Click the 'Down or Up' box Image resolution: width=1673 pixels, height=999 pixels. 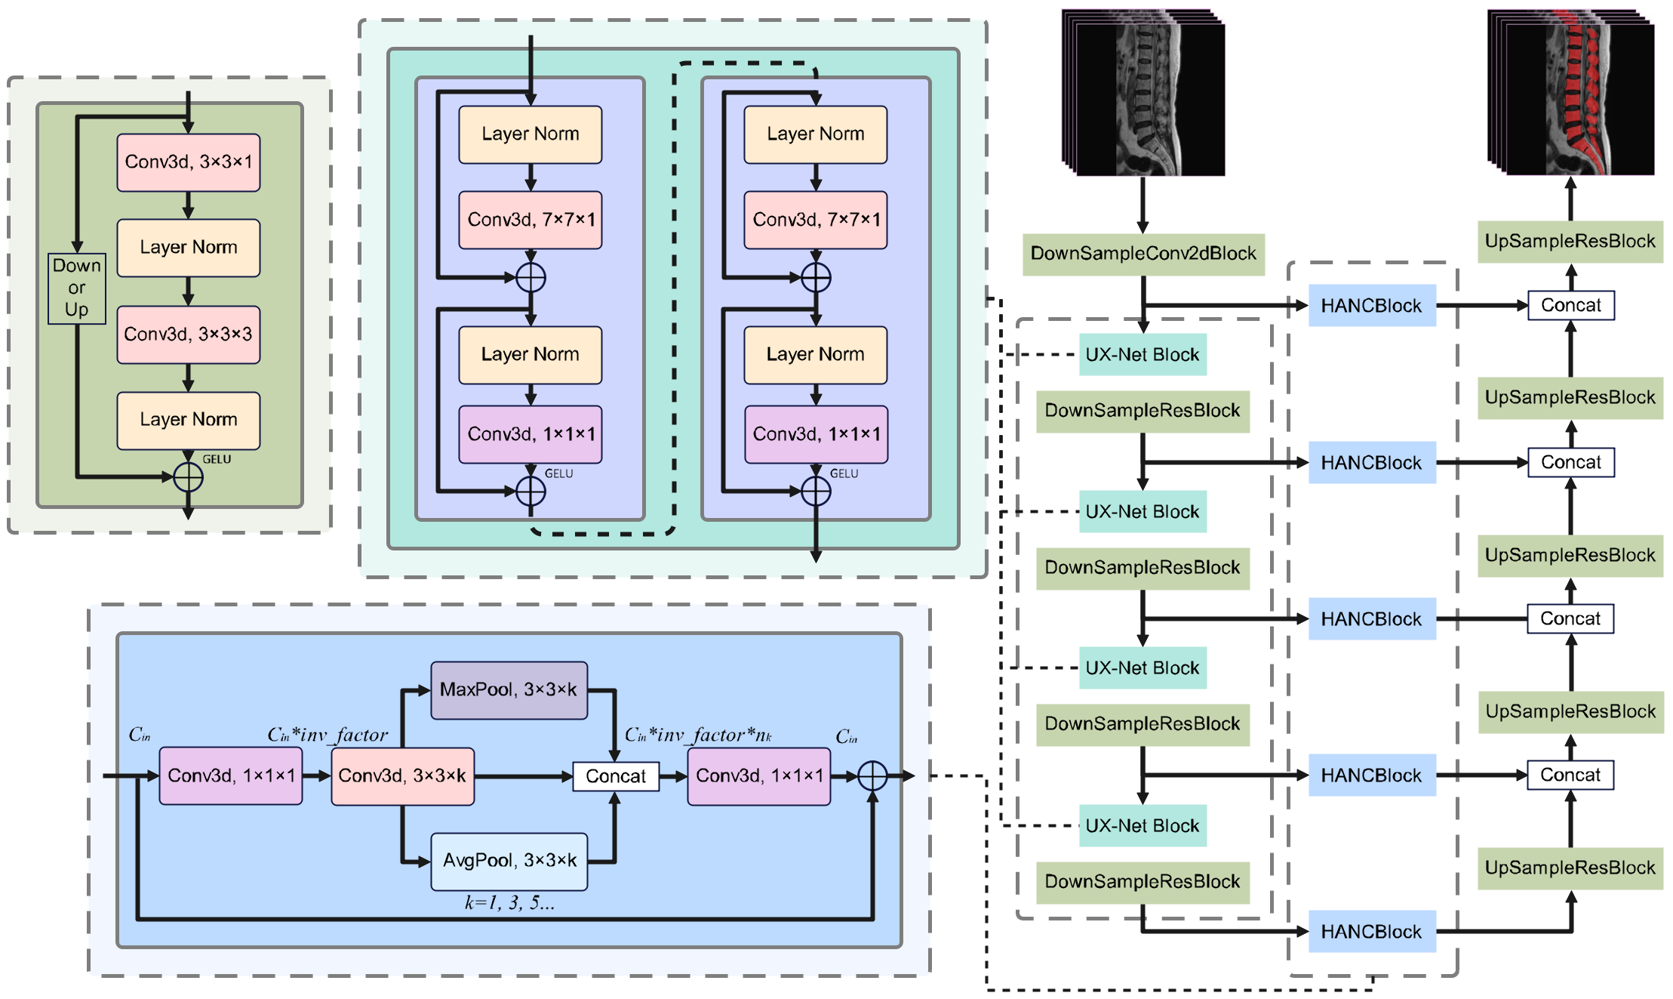click(76, 288)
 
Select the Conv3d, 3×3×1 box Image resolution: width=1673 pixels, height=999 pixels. click(188, 162)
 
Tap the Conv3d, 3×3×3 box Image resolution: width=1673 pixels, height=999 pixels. click(188, 334)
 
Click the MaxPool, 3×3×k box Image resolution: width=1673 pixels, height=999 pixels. click(509, 689)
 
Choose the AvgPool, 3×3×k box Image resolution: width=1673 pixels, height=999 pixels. click(509, 861)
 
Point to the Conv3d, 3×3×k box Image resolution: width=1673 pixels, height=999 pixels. click(402, 775)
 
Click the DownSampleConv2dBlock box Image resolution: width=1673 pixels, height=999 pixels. click(1142, 254)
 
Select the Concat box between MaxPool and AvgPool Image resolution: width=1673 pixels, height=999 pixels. click(616, 776)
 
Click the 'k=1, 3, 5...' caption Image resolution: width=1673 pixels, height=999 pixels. click(509, 903)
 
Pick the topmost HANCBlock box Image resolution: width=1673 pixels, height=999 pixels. click(1371, 306)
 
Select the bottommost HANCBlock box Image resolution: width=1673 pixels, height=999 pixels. click(1371, 932)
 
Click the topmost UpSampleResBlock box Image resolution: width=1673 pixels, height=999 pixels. click(1570, 242)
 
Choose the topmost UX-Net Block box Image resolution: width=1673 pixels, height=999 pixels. click(1142, 355)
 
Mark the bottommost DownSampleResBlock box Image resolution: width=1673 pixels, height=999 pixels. click(1142, 882)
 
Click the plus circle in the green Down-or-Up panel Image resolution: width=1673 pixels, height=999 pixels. click(188, 477)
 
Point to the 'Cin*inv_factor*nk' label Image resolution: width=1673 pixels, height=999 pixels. click(698, 735)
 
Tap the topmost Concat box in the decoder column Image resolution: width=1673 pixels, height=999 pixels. click(1570, 306)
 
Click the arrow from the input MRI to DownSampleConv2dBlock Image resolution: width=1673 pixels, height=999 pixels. click(1142, 205)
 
